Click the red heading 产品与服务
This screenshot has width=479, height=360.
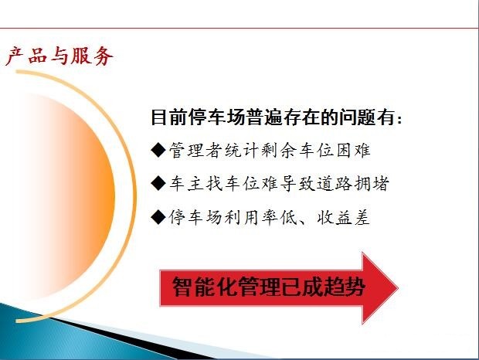59,56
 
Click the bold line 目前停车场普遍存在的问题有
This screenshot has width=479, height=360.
273,117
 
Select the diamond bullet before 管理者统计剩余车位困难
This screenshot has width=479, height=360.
158,150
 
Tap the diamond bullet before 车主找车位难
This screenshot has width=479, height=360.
158,184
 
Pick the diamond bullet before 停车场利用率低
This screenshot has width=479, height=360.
158,217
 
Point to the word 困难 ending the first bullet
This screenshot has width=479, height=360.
353,150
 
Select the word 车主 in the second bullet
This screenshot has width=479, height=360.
187,184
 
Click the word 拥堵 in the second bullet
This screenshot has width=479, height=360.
372,184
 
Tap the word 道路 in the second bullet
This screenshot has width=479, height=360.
334,184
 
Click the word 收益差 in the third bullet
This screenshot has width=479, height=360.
343,217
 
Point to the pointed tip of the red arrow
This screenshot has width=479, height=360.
398,288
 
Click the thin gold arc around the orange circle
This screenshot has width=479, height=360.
134,195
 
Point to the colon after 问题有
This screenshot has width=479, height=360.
399,119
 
